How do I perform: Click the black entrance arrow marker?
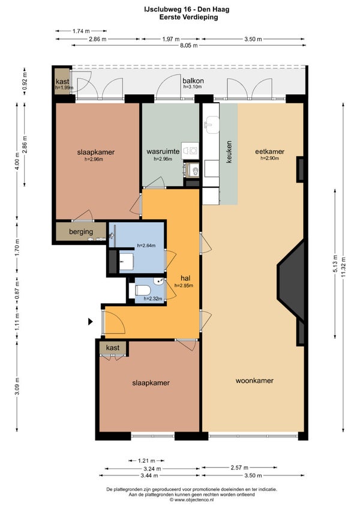click(x=90, y=322)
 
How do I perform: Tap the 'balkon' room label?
click(x=193, y=81)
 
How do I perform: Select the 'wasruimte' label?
click(x=163, y=151)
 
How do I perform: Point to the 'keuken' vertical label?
click(x=229, y=152)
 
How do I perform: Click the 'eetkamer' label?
click(x=270, y=152)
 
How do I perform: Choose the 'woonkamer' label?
click(x=254, y=381)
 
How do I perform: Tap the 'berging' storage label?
click(x=81, y=232)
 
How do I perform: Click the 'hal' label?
click(x=185, y=278)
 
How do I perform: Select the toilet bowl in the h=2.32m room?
click(x=143, y=290)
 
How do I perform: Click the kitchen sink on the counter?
click(x=211, y=124)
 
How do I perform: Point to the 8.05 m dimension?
click(x=189, y=46)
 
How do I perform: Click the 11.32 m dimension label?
click(x=343, y=267)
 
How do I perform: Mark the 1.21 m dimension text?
click(x=146, y=460)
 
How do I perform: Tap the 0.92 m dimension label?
click(x=25, y=81)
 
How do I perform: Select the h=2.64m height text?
click(x=146, y=245)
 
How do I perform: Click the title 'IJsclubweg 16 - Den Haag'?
click(x=187, y=10)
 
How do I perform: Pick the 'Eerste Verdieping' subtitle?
click(x=188, y=17)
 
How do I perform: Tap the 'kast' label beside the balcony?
click(x=62, y=82)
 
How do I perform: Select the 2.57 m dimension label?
click(x=239, y=468)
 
